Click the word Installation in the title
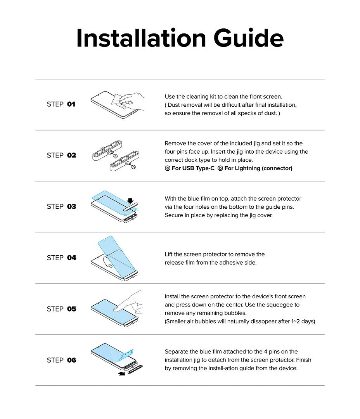tap(140, 38)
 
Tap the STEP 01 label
tap(61, 104)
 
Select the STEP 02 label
tap(61, 155)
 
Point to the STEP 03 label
tap(61, 206)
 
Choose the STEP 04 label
tap(61, 258)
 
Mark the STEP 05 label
tap(61, 309)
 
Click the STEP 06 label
tap(61, 360)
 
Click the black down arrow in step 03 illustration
tap(130, 201)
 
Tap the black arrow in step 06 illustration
tap(122, 374)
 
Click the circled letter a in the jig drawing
tap(115, 156)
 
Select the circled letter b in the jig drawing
tap(133, 167)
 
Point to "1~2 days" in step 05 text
tap(303, 322)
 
